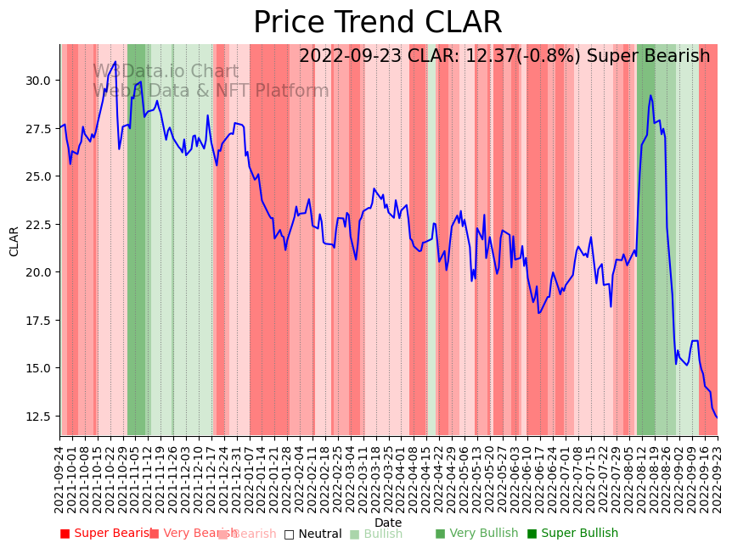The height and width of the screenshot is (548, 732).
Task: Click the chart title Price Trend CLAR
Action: [x=378, y=23]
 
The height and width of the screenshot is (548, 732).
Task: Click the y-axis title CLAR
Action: [x=14, y=241]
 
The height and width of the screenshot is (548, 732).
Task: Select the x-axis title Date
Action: [x=388, y=523]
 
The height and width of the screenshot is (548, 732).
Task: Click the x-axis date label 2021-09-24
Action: [x=60, y=479]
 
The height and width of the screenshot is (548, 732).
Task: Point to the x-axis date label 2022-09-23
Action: [x=718, y=479]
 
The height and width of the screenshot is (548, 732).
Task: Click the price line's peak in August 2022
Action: [x=650, y=95]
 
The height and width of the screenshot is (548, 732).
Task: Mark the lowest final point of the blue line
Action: [x=717, y=417]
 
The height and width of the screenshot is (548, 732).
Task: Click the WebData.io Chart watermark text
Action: [x=166, y=72]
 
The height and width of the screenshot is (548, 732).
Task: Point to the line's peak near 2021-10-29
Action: [x=115, y=62]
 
